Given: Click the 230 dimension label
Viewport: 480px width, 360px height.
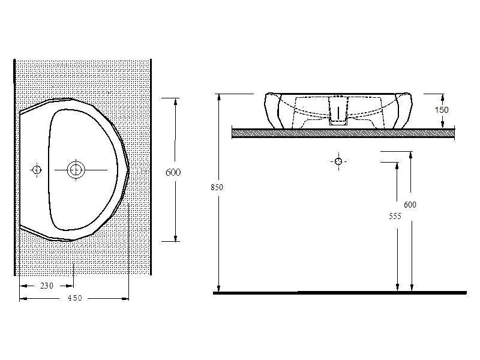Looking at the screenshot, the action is pyautogui.click(x=47, y=286).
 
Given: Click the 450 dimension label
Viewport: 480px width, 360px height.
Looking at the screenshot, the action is pyautogui.click(x=75, y=298).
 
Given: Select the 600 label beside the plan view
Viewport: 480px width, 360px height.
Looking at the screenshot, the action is pyautogui.click(x=173, y=172).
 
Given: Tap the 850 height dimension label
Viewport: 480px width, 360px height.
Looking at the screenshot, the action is pyautogui.click(x=217, y=187).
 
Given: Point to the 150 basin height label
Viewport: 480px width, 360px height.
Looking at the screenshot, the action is pyautogui.click(x=442, y=110).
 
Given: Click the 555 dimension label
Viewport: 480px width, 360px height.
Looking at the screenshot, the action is pyautogui.click(x=395, y=216).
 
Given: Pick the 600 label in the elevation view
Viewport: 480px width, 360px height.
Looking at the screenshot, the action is pyautogui.click(x=410, y=205).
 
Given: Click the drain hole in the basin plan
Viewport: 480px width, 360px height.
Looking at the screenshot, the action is pyautogui.click(x=76, y=170).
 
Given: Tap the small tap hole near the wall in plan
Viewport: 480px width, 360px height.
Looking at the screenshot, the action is pyautogui.click(x=37, y=170).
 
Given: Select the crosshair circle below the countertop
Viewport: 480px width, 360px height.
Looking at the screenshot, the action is pyautogui.click(x=338, y=161).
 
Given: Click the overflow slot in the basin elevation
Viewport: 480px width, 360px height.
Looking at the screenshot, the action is pyautogui.click(x=338, y=113).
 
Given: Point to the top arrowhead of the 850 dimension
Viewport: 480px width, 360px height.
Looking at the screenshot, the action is pyautogui.click(x=219, y=97).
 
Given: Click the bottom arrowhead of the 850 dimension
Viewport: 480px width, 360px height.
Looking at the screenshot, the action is pyautogui.click(x=218, y=288).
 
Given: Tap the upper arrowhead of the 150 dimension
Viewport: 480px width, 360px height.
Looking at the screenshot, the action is pyautogui.click(x=443, y=98).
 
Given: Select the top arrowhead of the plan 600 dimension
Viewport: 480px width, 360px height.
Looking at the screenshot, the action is pyautogui.click(x=175, y=101).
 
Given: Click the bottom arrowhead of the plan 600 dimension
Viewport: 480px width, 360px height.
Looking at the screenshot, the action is pyautogui.click(x=175, y=238).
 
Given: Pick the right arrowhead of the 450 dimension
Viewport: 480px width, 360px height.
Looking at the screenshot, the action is pyautogui.click(x=125, y=298).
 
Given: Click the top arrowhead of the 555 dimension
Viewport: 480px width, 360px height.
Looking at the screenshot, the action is pyautogui.click(x=397, y=166).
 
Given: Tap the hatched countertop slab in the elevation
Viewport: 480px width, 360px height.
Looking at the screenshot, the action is pyautogui.click(x=343, y=133).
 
